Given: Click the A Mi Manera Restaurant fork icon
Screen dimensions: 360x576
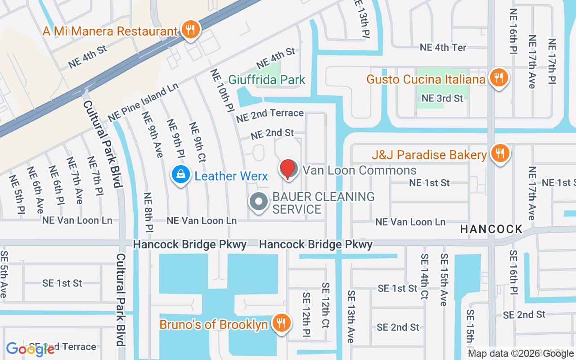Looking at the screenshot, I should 191,30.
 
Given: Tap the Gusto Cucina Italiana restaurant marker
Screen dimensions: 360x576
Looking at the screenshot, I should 498,77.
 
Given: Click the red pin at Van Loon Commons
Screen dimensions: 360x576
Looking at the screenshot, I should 288,169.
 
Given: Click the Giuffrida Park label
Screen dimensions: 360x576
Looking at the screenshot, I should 267,80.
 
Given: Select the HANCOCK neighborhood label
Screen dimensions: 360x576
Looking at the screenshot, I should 491,229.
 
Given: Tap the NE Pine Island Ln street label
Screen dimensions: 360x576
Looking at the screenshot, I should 144,102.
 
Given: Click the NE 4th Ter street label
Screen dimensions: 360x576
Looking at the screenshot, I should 443,47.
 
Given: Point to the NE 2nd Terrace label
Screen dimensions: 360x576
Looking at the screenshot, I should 270,115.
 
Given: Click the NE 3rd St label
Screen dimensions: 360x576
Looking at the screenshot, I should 442,98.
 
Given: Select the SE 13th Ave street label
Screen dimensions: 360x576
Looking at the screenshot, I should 351,316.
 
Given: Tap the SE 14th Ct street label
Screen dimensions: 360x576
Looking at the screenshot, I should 424,276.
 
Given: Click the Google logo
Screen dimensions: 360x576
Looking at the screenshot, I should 30,349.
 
